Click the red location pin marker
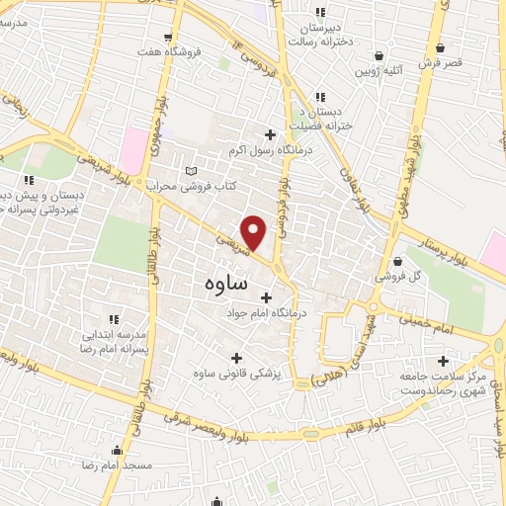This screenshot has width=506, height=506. click(x=255, y=233)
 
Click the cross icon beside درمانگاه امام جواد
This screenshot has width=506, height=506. click(x=266, y=295)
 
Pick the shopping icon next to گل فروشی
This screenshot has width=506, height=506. click(x=397, y=262)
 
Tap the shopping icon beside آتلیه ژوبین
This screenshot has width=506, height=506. click(x=379, y=55)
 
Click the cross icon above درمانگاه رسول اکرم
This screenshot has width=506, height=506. click(x=270, y=134)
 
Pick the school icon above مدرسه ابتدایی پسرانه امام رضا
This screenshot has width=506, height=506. click(x=113, y=318)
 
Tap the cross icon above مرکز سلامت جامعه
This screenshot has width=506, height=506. click(x=443, y=362)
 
